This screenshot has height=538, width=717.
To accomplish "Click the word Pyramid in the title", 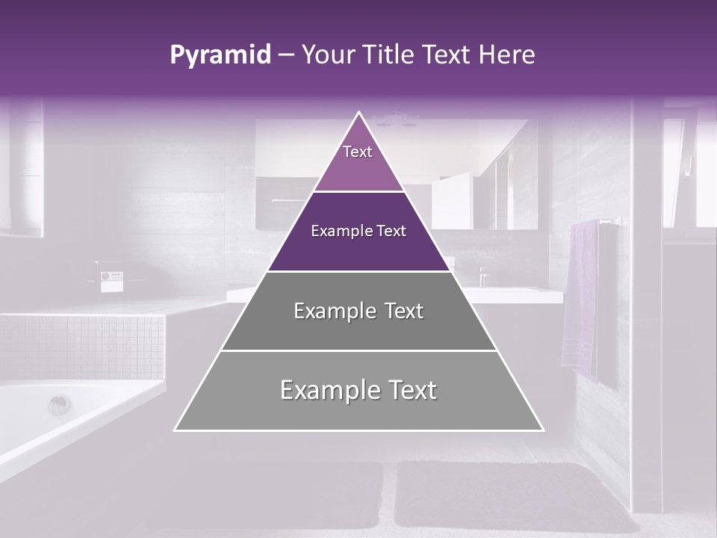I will coord(220,55).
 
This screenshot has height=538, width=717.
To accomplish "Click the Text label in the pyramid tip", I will coord(358,152).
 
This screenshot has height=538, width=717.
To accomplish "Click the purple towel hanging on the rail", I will coord(580,299).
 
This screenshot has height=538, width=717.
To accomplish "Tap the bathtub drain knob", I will coord(59,405).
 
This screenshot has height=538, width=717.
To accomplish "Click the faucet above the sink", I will coord(482,276).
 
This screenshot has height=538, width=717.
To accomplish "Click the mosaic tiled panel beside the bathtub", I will coord(82,347).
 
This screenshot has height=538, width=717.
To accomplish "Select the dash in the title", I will coord(286,55).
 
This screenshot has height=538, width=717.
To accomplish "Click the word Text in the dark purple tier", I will coord(391,231).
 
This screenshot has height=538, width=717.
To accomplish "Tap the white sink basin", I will coord(515,293).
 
